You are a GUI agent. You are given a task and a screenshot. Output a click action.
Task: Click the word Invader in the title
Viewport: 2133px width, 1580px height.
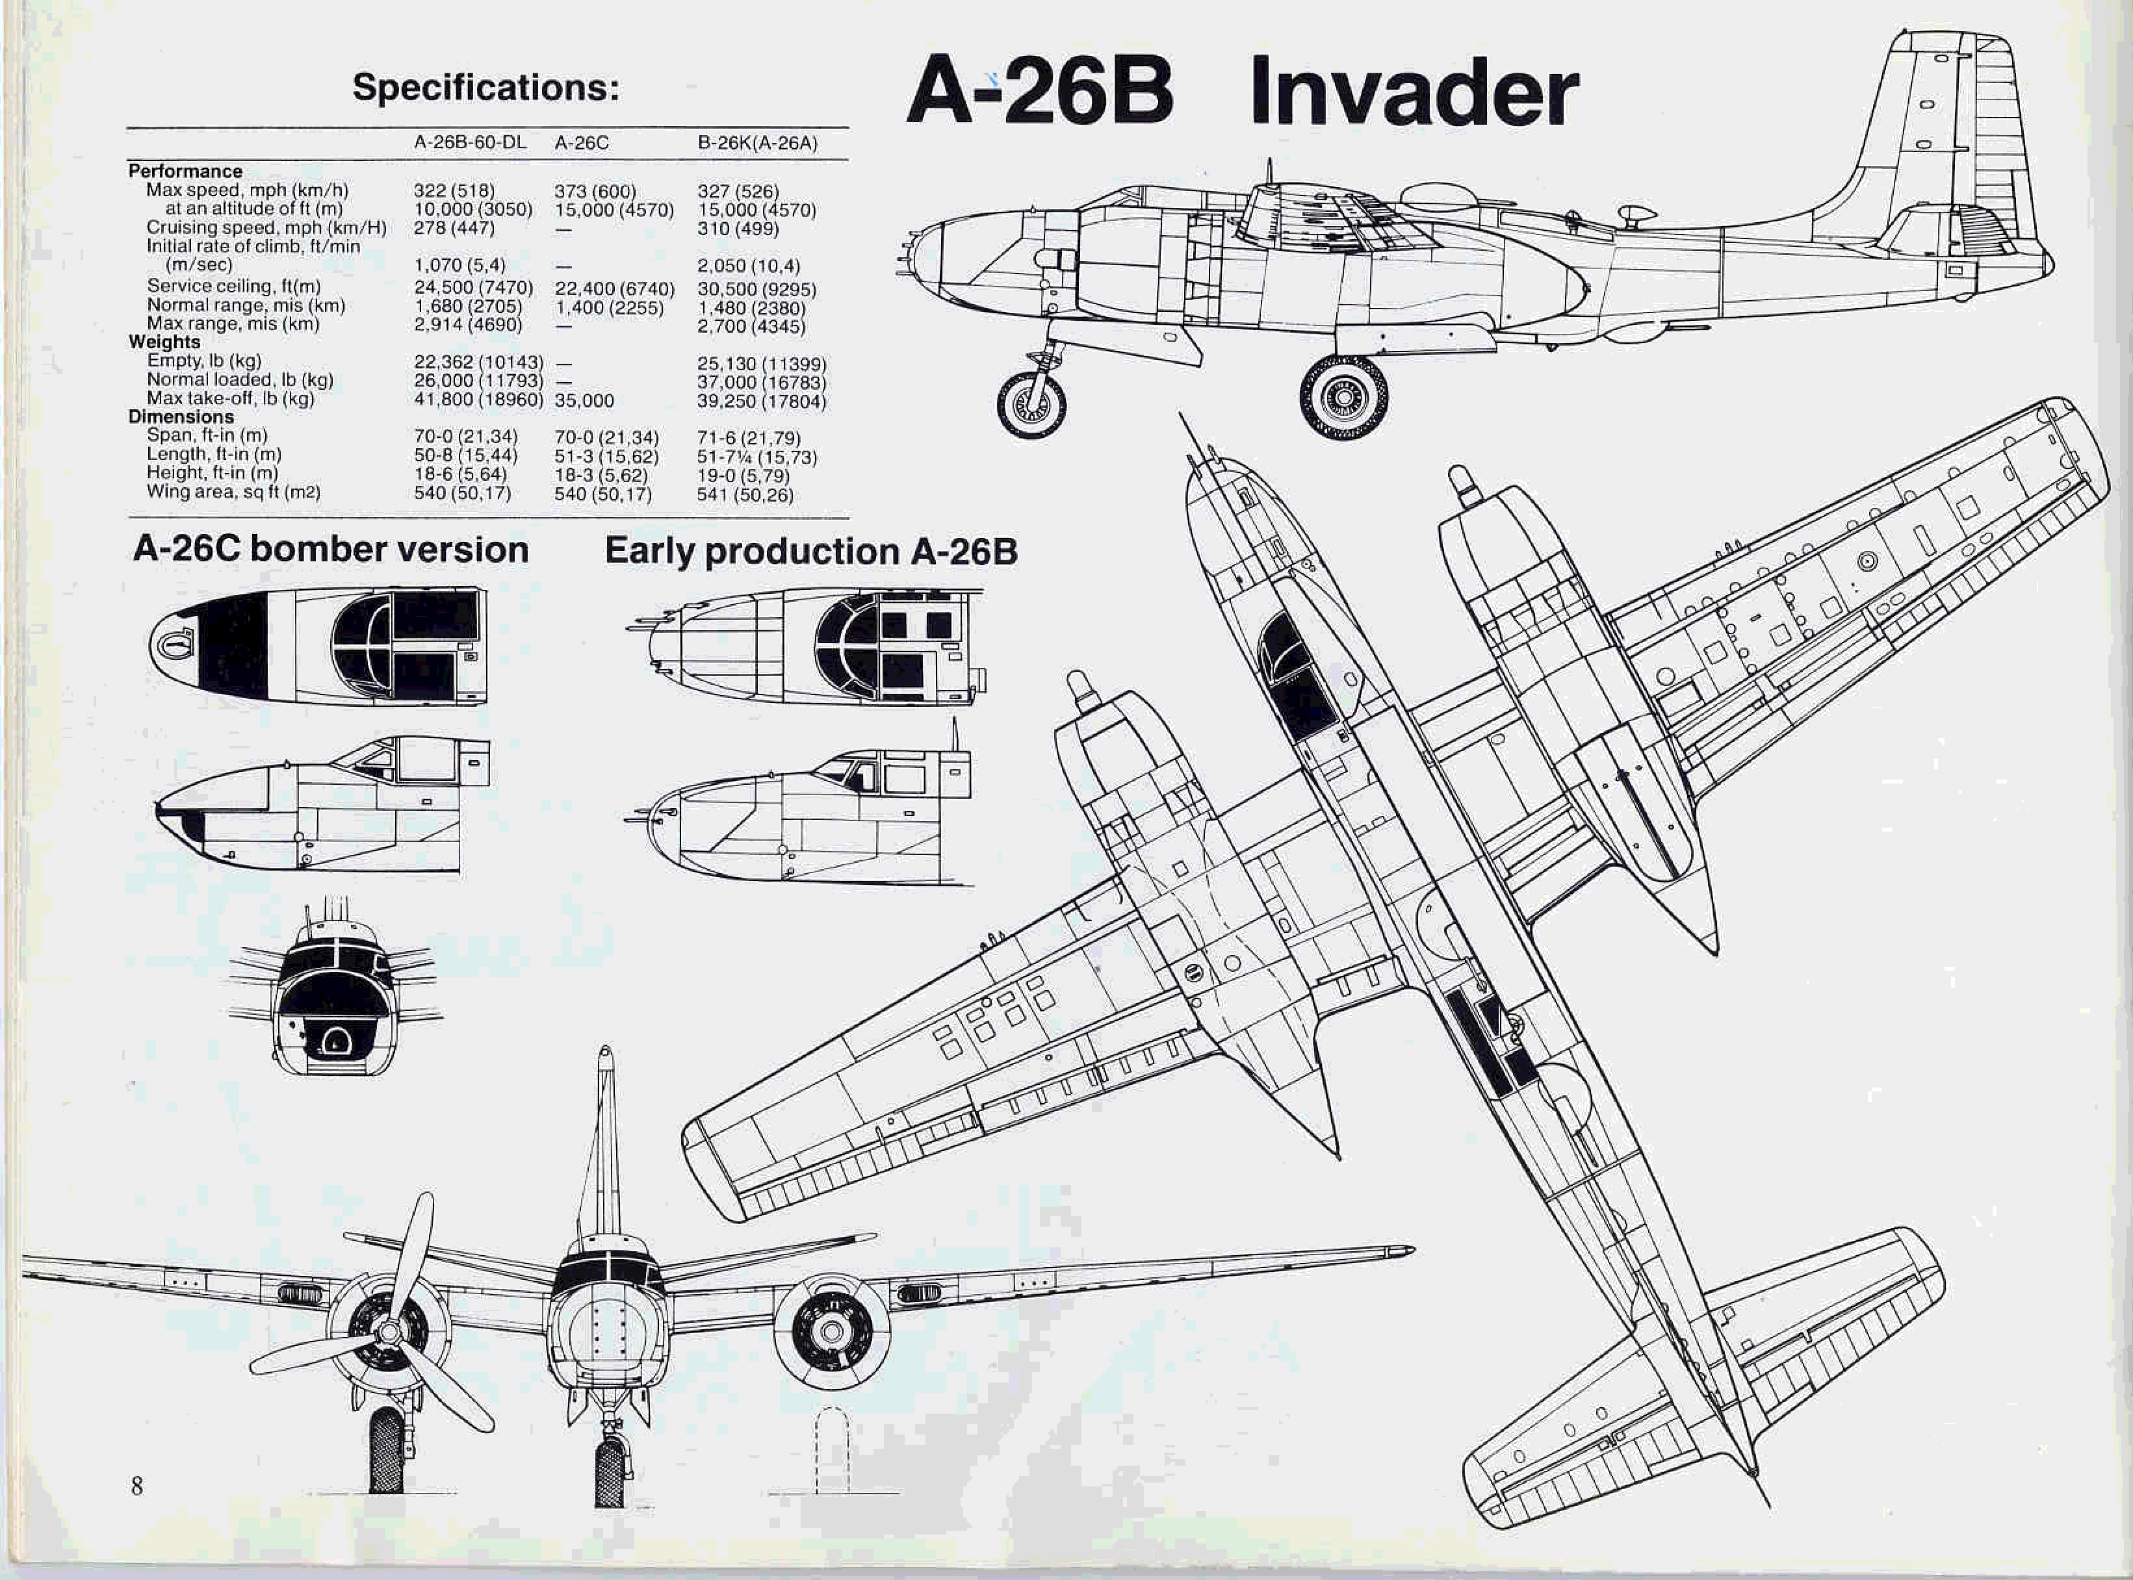point(1413,93)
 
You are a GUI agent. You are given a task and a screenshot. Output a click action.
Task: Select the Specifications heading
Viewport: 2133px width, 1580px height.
point(486,88)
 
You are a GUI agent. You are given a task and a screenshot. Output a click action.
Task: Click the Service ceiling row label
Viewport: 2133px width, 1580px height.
point(233,286)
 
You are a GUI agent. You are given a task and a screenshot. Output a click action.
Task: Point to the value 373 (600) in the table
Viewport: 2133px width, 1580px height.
point(595,191)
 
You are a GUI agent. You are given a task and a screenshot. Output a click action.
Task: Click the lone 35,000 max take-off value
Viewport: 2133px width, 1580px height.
point(584,401)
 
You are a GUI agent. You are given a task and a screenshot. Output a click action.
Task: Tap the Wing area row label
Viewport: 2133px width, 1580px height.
point(233,492)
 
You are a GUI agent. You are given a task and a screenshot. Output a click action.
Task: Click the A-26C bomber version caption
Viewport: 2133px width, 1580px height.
point(330,550)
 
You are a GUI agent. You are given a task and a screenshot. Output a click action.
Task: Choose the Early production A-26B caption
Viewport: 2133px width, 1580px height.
point(811,552)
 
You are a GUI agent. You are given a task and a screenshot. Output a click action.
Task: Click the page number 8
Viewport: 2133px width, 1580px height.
point(136,1485)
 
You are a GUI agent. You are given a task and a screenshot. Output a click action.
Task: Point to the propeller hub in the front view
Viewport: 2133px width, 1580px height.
point(389,1331)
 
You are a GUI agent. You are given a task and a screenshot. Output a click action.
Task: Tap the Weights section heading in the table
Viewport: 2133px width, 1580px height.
point(164,342)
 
